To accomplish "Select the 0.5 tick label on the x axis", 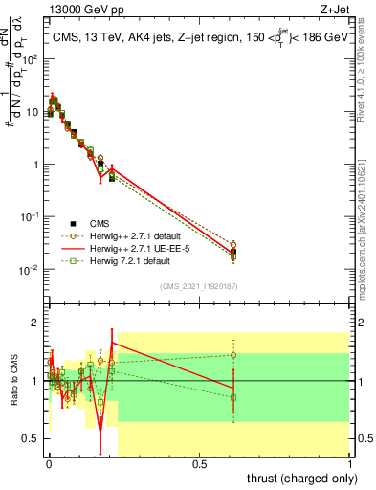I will coord(199,464).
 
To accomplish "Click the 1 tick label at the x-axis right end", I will coord(349,464).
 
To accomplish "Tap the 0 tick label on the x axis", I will coord(49,464).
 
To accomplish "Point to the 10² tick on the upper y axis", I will coord(31,59).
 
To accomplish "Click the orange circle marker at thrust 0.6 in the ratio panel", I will coord(233,355).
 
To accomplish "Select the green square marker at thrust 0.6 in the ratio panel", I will coord(233,397).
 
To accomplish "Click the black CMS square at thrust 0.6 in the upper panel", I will coord(233,252).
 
